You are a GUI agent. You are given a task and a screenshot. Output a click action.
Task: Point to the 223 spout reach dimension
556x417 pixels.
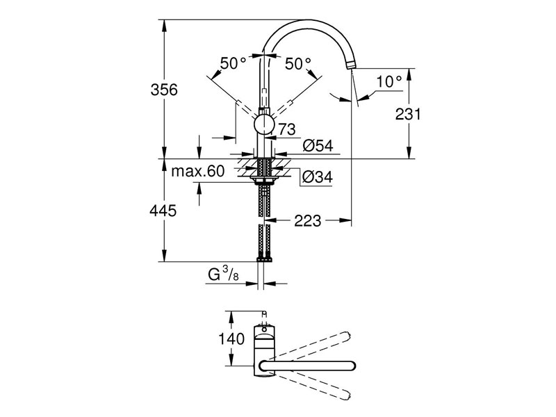(307, 221)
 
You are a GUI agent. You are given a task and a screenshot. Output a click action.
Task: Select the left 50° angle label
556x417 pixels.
(233, 63)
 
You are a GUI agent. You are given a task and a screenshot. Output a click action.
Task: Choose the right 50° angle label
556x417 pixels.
(297, 63)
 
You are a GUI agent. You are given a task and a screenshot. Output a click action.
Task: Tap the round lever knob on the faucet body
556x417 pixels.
(264, 124)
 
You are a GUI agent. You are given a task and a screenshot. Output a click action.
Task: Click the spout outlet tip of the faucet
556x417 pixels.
(352, 66)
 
